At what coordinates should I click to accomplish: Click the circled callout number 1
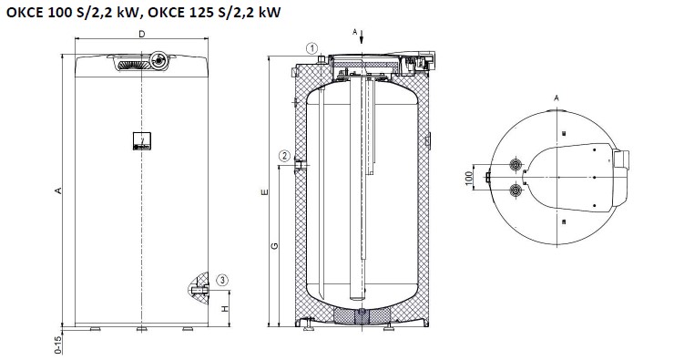coord(312,48)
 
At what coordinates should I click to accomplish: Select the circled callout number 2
coord(284,156)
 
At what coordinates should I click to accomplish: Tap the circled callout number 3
coord(222,281)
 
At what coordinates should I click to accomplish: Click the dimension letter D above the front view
coord(142,34)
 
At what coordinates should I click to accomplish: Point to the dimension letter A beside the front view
coord(58,190)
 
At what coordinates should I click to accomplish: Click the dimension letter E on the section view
coord(264,191)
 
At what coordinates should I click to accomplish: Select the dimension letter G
coord(274,246)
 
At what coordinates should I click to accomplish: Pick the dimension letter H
coord(225,309)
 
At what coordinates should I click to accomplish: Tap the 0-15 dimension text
coord(58,345)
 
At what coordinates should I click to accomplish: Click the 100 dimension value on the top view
coord(468,177)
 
